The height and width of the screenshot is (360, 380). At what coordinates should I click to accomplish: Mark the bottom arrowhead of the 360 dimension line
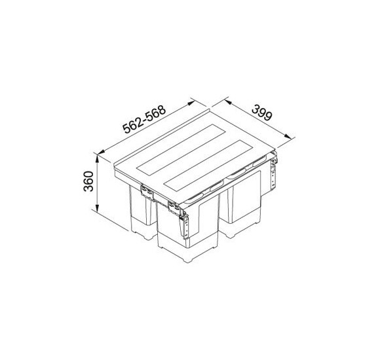click(x=96, y=214)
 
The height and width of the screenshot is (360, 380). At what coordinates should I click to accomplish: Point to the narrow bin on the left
click(x=141, y=213)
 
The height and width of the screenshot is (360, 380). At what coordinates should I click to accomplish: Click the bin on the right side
click(x=246, y=203)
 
